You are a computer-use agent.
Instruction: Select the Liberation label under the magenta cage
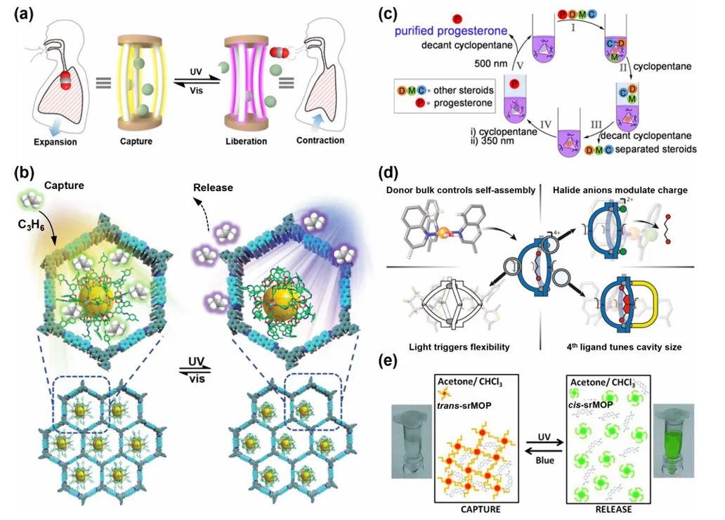point(246,141)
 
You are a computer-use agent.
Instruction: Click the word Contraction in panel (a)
point(320,140)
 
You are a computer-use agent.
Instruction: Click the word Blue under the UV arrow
point(541,460)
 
